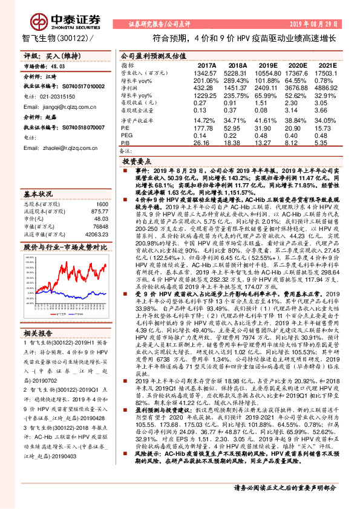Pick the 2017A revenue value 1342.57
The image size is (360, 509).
pyautogui.click(x=206, y=72)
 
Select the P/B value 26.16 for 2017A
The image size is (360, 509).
pyautogui.click(x=206, y=143)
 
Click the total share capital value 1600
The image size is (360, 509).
pyautogui.click(x=101, y=204)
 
